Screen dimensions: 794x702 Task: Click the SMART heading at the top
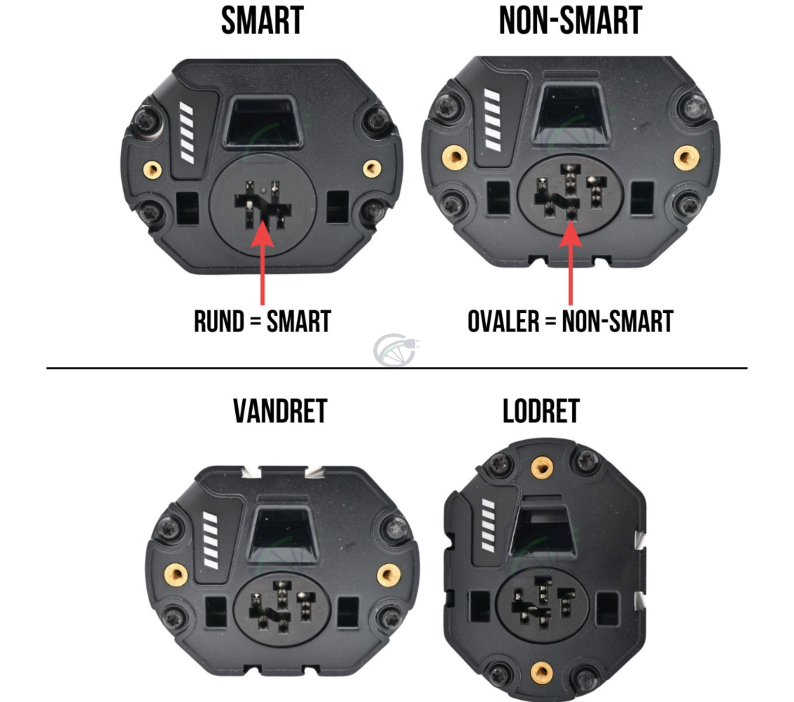[263, 20]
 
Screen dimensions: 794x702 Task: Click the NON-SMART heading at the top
[571, 20]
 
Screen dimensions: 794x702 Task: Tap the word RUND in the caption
[219, 321]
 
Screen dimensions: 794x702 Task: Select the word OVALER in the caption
[503, 321]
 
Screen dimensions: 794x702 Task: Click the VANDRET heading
[280, 411]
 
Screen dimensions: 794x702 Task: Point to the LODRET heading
[541, 411]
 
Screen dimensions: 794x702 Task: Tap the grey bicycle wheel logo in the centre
[395, 350]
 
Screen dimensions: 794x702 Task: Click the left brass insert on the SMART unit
[153, 169]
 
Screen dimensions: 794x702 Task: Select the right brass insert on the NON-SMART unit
[686, 158]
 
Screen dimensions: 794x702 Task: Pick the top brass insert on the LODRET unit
[542, 467]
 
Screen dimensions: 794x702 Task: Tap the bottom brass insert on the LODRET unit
[541, 672]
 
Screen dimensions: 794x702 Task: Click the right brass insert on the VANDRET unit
[389, 575]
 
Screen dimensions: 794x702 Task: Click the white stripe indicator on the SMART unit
[187, 133]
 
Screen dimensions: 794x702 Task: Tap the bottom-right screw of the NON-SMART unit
[688, 206]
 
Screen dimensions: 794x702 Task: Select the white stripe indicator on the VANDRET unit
[210, 540]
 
